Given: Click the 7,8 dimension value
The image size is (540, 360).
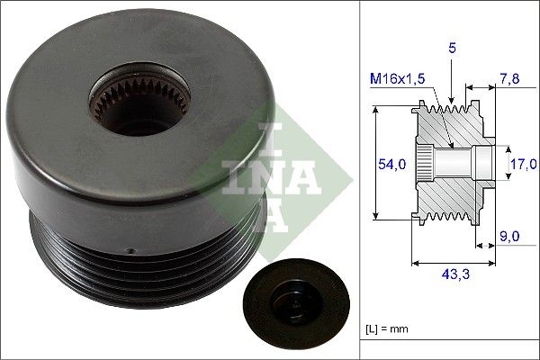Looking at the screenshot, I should pos(508,80).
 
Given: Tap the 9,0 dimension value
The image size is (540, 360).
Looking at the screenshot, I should pos(508,238).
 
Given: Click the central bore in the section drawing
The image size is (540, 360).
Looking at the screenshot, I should pos(454,163).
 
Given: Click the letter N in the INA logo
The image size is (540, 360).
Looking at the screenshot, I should pos(269,175).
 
